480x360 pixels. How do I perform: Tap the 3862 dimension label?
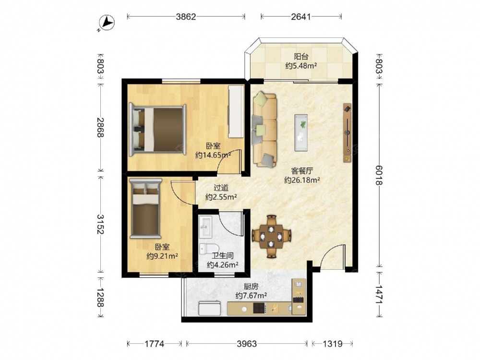tap(186, 16)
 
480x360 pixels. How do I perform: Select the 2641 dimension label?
tap(301, 16)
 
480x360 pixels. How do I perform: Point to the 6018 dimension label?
tap(379, 175)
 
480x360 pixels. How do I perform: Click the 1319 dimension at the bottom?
tap(333, 344)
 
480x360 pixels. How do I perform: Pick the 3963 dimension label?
tap(247, 344)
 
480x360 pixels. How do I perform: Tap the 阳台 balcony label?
tap(301, 57)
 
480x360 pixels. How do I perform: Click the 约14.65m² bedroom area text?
tap(213, 155)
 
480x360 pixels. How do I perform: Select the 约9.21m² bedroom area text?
tap(162, 256)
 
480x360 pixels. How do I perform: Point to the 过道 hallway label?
tap(221, 188)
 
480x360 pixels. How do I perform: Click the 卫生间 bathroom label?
tap(223, 255)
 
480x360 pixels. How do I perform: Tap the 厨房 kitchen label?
tap(251, 287)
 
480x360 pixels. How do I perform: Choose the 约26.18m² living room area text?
tap(302, 180)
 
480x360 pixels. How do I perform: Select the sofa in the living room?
tap(264, 130)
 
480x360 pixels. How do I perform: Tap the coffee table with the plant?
tap(301, 132)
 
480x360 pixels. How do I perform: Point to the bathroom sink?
tap(205, 227)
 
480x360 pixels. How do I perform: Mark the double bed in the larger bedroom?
tap(157, 130)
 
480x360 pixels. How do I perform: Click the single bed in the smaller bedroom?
tap(146, 209)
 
